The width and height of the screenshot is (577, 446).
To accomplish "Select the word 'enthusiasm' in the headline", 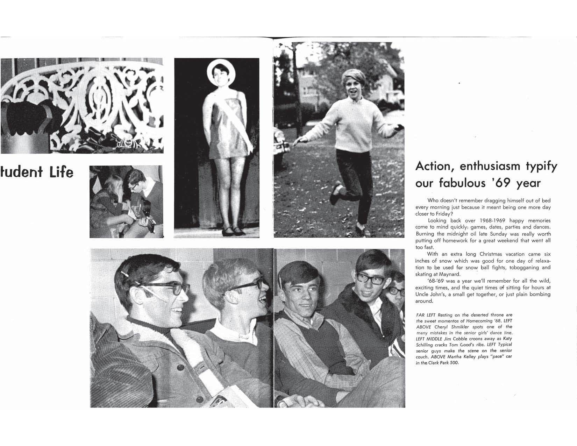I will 490,167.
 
